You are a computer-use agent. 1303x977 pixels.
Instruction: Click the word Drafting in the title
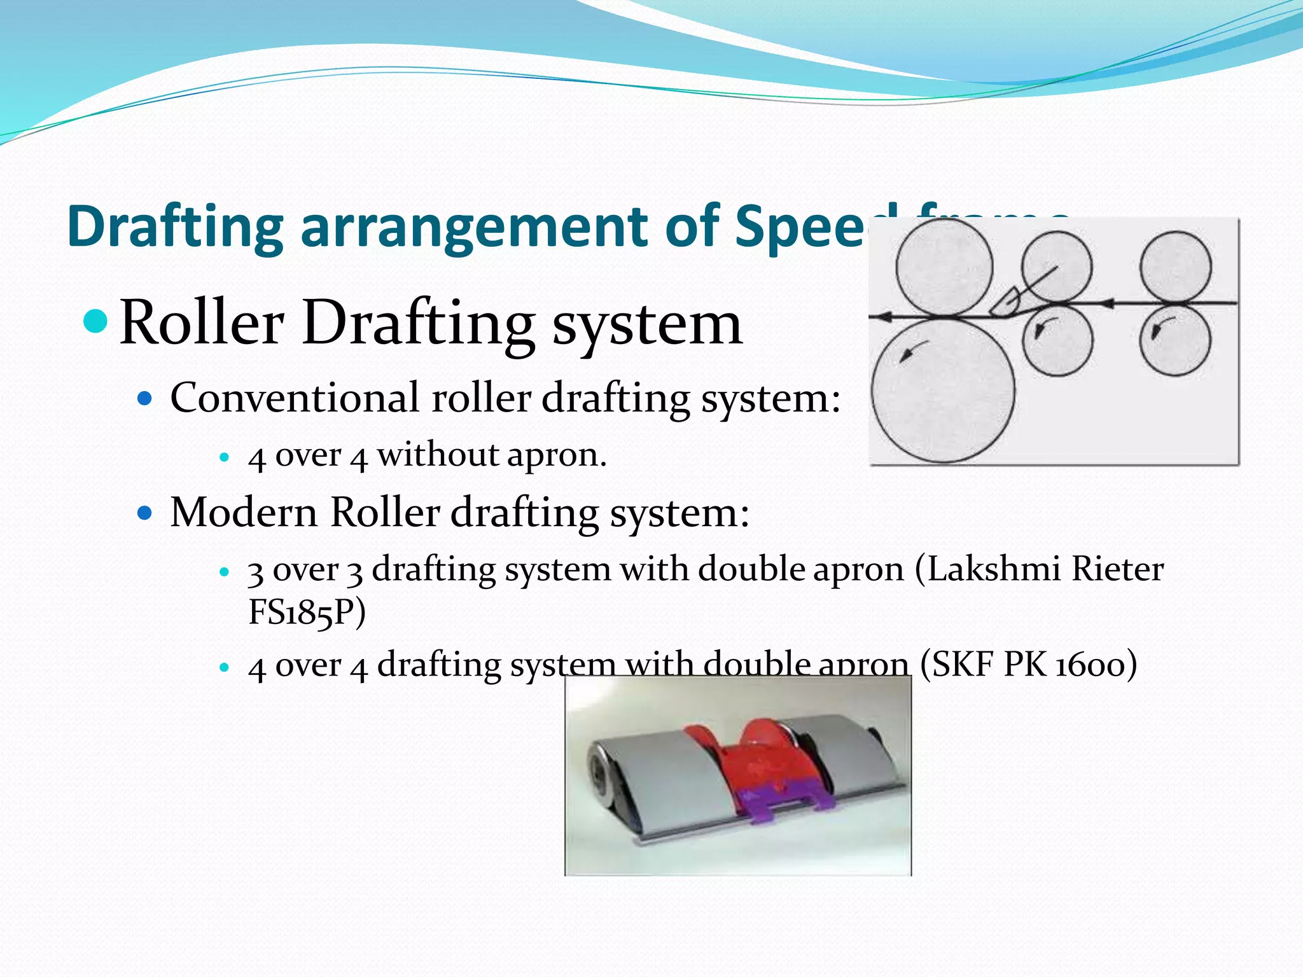pyautogui.click(x=175, y=227)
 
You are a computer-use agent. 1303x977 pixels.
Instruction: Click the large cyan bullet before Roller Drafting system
pyautogui.click(x=97, y=321)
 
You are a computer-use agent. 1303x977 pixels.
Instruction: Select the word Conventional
pyautogui.click(x=295, y=398)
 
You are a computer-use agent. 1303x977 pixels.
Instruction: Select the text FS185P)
pyautogui.click(x=307, y=612)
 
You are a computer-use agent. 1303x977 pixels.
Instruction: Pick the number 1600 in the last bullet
pyautogui.click(x=1096, y=665)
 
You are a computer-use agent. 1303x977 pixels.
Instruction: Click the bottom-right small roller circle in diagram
pyautogui.click(x=1175, y=340)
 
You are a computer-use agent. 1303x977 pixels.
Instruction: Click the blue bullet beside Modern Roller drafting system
pyautogui.click(x=146, y=513)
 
